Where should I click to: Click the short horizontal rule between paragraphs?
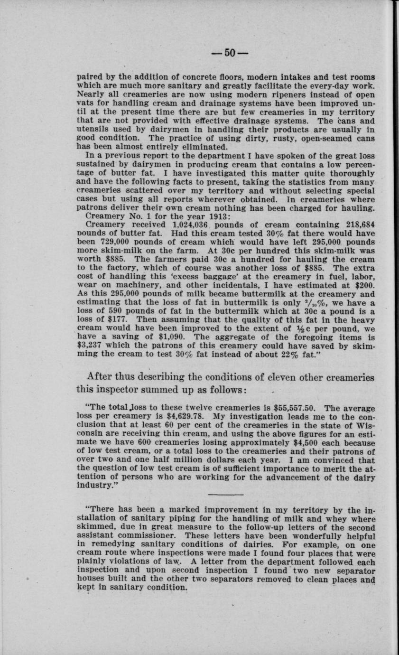click(x=226, y=495)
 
